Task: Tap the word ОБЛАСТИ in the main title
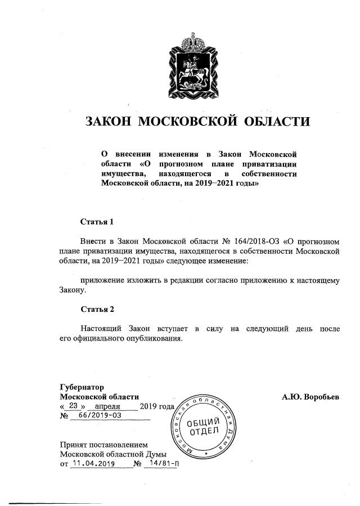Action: pos(276,121)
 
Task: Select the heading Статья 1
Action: pos(97,222)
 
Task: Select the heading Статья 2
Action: pos(97,310)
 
